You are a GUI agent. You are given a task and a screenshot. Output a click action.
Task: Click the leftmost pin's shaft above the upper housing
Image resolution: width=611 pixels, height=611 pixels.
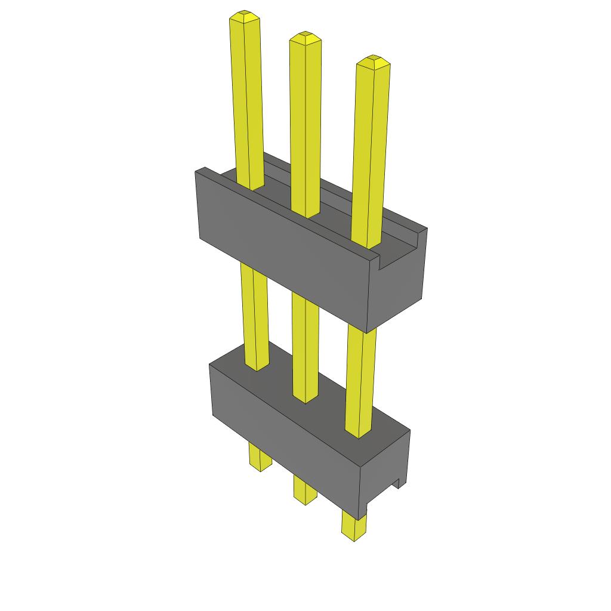click(247, 101)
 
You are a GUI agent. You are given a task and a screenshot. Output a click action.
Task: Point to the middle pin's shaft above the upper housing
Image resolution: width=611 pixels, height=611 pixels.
click(305, 125)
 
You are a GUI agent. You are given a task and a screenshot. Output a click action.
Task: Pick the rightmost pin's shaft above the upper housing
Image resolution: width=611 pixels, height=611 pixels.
click(370, 149)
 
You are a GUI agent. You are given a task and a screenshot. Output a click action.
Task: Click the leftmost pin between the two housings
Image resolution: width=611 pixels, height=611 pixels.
click(254, 316)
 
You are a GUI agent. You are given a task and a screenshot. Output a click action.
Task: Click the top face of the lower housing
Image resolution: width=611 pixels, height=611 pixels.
click(316, 406)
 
